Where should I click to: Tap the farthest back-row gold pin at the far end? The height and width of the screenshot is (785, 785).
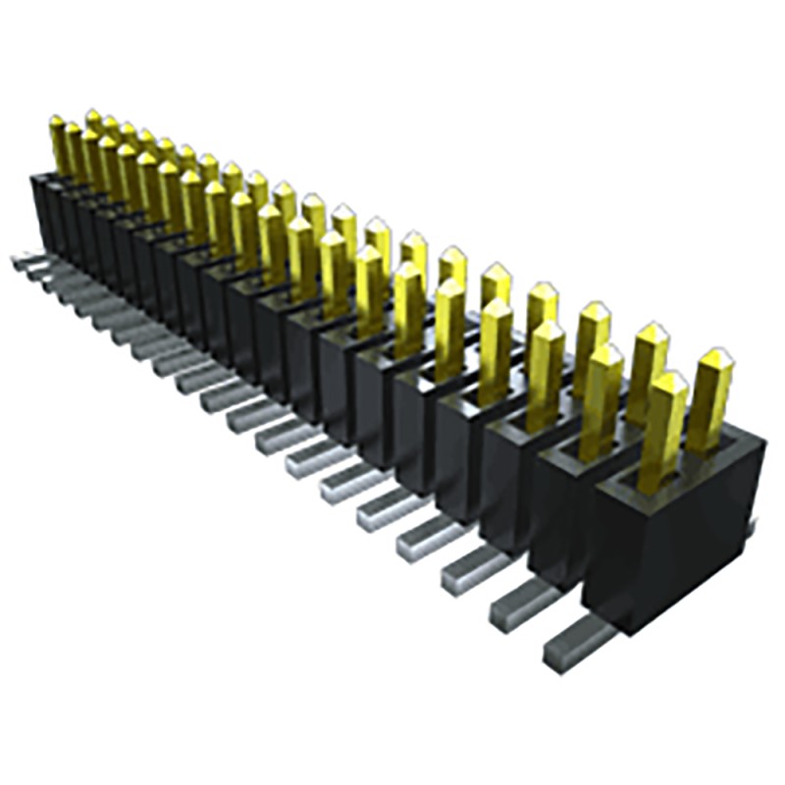point(92,128)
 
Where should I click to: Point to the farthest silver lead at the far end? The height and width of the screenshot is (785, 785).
point(24,261)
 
